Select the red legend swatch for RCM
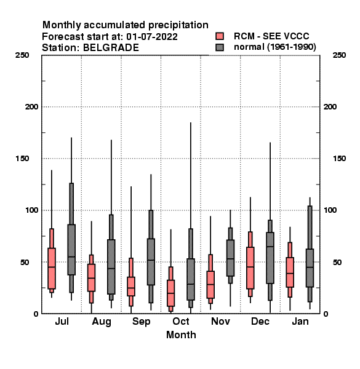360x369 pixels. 220,36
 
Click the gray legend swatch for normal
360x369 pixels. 220,47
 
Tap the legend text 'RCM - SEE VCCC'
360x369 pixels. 271,36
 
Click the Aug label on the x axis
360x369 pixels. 102,322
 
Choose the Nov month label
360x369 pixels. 220,321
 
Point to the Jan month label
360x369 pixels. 300,321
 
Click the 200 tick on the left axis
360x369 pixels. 31,107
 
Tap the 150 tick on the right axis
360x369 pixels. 339,159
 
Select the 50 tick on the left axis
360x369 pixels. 25,262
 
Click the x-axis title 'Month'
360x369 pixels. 181,335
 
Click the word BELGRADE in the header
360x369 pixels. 111,48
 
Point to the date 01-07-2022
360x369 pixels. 152,37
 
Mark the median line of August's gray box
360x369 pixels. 111,268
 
